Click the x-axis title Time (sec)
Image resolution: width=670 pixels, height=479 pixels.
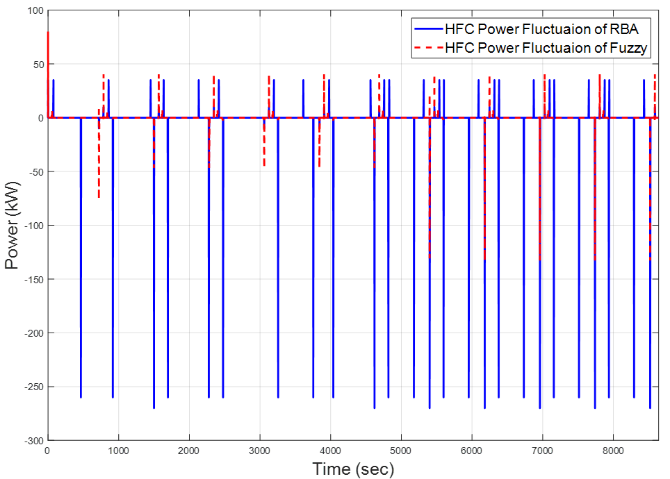[353, 469]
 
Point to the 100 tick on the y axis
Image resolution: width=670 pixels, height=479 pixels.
[33, 11]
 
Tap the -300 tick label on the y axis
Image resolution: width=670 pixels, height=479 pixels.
[31, 441]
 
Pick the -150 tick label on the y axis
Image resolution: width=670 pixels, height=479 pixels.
[31, 280]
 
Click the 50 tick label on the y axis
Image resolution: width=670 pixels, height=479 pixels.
[35, 65]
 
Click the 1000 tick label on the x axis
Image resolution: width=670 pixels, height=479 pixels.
[118, 452]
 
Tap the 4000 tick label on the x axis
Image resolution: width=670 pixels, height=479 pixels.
[330, 452]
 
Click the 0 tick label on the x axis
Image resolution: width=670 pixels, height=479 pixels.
[47, 452]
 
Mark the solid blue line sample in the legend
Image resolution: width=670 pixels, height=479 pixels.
[427, 29]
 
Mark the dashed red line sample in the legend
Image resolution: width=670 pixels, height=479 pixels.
[427, 48]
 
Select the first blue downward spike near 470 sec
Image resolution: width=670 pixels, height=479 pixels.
[81, 278]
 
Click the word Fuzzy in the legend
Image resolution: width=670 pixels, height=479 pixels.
[631, 48]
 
